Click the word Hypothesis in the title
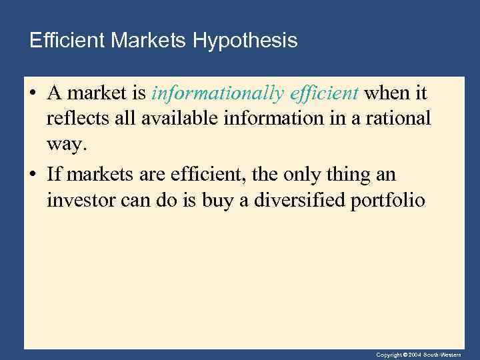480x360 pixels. tap(245, 41)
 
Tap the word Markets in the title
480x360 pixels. tap(149, 41)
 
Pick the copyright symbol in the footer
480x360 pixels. tap(404, 354)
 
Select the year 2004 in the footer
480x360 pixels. tap(413, 354)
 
